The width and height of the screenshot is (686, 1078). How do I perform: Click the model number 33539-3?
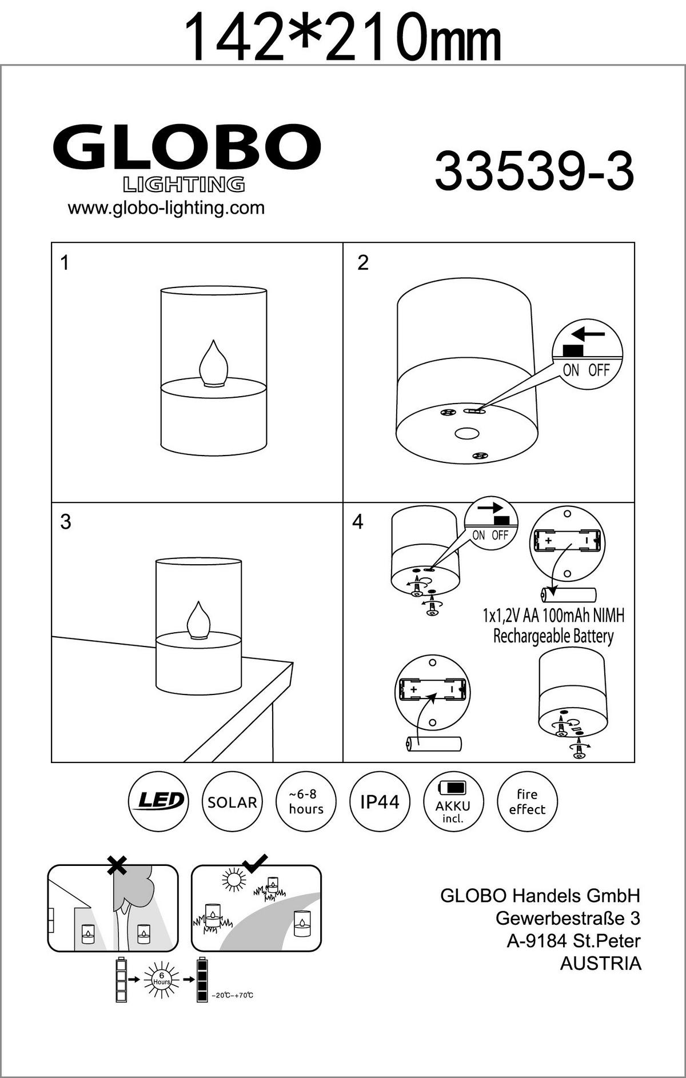coord(534,172)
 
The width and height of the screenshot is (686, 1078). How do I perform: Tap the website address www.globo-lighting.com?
coord(166,207)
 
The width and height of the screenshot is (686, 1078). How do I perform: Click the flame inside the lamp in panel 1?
coord(213,363)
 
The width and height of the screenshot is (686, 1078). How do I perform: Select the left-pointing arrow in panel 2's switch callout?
coord(588,333)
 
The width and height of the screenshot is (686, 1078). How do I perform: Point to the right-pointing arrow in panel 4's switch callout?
coord(490,507)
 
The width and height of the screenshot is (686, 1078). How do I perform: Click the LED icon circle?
coord(158,801)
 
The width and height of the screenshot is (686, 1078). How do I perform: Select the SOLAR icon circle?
coord(232,802)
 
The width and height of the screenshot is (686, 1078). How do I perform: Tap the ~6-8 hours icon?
coord(306,802)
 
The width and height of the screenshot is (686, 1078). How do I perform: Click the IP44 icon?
coord(380,801)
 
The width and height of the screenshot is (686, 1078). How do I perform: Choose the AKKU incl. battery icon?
coord(453,802)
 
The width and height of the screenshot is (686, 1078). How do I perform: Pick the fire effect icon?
coord(527,801)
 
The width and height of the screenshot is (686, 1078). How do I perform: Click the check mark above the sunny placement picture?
coord(255,863)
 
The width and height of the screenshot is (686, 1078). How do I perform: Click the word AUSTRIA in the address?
coord(600,963)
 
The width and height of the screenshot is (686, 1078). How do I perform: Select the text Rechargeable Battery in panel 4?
coord(553,636)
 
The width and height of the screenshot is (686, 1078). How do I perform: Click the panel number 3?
coord(66,522)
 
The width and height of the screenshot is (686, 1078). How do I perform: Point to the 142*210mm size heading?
coord(344,35)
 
